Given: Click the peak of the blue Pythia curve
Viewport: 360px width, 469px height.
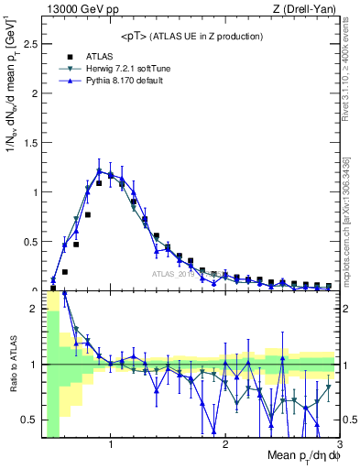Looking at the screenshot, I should pyautogui.click(x=99, y=170).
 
